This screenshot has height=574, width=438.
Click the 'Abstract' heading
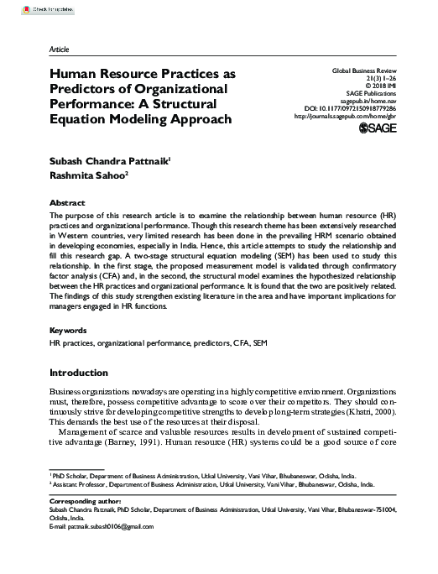[x=67, y=203]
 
